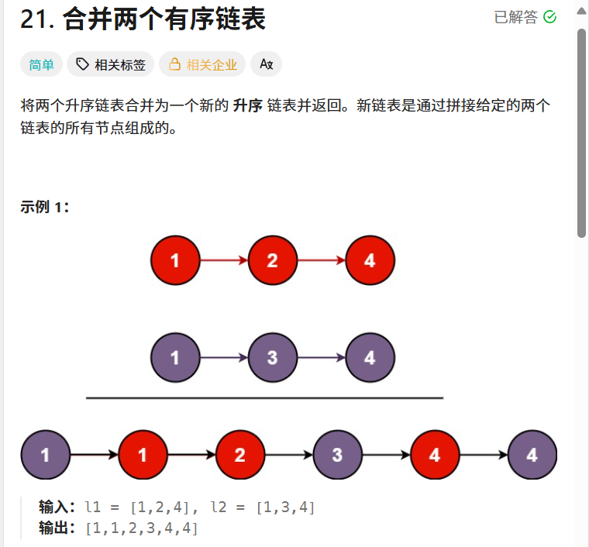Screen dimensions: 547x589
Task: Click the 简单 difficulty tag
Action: [42, 64]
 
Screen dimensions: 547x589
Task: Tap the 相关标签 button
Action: [111, 64]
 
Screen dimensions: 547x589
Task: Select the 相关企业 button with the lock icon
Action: [202, 64]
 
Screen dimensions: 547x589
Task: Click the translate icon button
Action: [267, 64]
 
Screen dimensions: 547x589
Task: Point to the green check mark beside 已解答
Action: [550, 17]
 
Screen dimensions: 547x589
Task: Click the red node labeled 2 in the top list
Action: [272, 260]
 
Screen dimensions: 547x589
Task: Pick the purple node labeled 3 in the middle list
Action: [272, 358]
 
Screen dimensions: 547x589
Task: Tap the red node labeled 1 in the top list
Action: [175, 260]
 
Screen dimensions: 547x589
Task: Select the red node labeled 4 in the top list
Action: [370, 260]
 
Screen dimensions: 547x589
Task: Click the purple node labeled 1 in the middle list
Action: [175, 358]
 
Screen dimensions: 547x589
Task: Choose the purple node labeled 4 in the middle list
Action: [370, 358]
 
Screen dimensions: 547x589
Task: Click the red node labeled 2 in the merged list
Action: [239, 455]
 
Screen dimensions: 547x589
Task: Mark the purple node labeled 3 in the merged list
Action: [337, 455]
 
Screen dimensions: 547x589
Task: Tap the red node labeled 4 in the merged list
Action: [434, 455]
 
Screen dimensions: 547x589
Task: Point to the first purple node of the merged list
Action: [45, 455]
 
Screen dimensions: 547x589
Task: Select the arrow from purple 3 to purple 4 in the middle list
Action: [321, 358]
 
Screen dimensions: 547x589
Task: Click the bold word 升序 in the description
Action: [247, 106]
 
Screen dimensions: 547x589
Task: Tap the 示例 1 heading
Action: [45, 207]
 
